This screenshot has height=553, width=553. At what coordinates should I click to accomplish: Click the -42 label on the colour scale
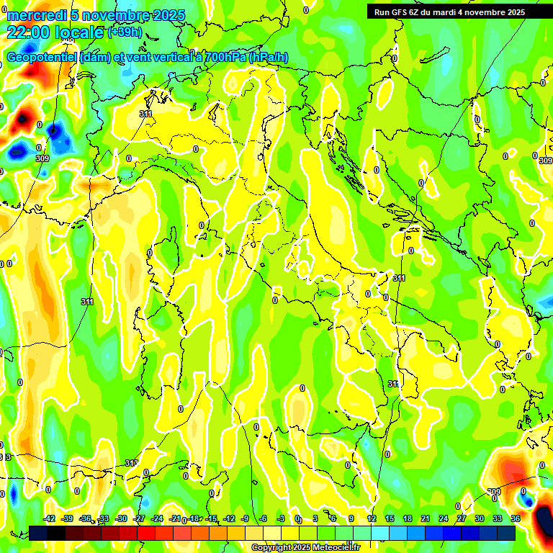pos(49,518)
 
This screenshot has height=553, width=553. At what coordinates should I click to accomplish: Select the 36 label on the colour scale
pos(516,518)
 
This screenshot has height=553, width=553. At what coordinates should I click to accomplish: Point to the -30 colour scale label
pos(121,518)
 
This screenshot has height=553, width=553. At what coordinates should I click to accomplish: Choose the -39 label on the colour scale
pos(67,518)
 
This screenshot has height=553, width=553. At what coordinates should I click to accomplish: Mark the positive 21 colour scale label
pos(426,518)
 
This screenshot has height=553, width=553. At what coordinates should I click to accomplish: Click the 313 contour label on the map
pos(131,463)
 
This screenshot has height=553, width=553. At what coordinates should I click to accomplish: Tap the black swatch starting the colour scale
pos(38,533)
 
